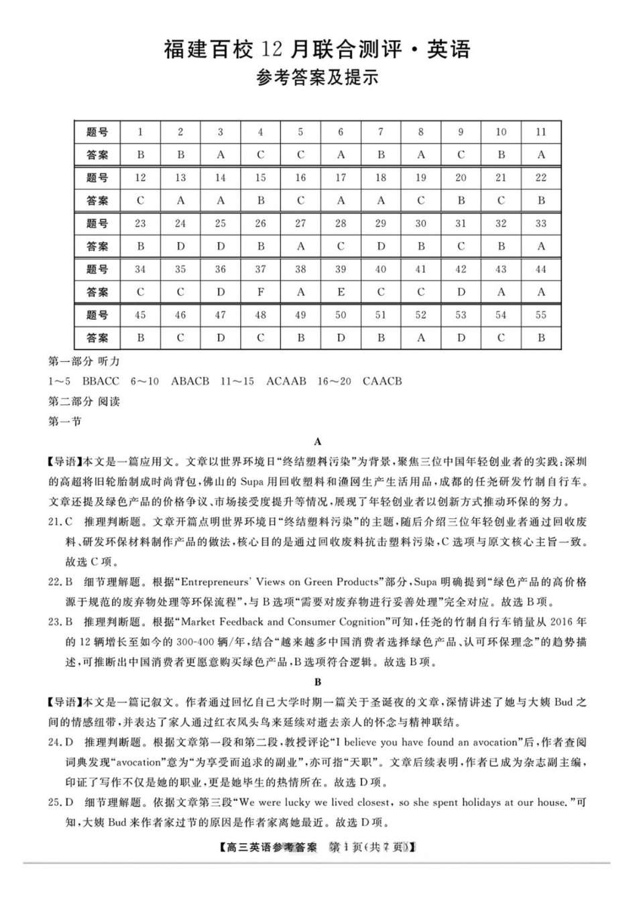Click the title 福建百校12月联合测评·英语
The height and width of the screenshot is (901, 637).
(318, 50)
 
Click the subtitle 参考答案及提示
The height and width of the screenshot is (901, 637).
(318, 78)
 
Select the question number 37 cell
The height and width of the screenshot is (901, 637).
(260, 269)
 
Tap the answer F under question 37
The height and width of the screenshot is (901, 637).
(260, 292)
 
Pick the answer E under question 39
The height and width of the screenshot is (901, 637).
(341, 292)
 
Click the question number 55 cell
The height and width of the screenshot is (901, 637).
(540, 315)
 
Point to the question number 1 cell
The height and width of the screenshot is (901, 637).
(140, 132)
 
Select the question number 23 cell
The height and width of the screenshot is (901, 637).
(140, 224)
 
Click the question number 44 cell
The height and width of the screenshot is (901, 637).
(540, 269)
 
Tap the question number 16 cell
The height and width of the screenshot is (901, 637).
(300, 178)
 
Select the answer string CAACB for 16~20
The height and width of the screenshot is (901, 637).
(382, 381)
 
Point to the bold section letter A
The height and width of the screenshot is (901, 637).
(318, 442)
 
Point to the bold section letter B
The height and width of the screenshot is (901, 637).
(318, 682)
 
